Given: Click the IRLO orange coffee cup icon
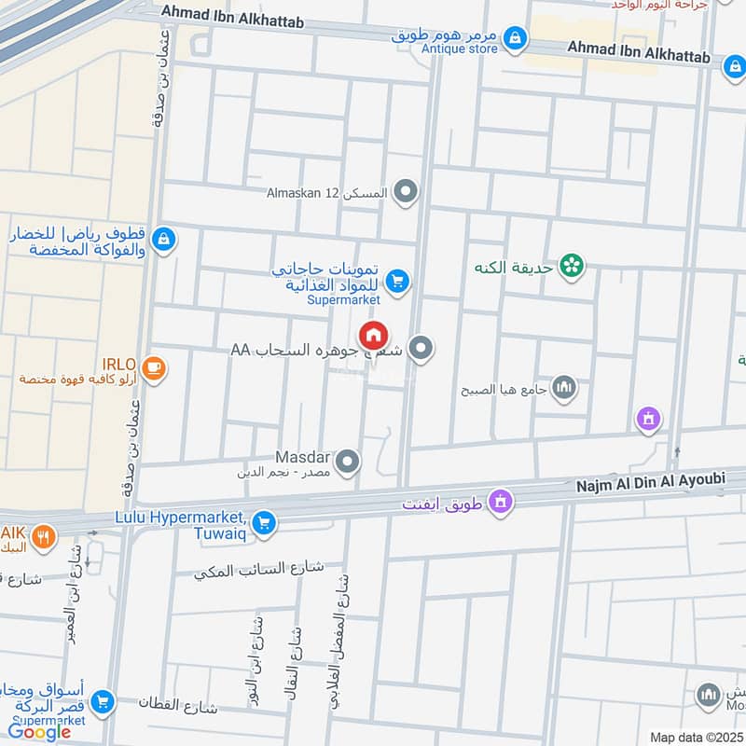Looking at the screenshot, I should pyautogui.click(x=155, y=369).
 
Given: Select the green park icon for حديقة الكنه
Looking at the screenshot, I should pyautogui.click(x=572, y=267).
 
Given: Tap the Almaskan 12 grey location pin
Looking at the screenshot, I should pyautogui.click(x=406, y=193).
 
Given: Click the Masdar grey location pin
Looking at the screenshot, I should pyautogui.click(x=348, y=462).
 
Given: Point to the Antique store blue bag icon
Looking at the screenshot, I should pyautogui.click(x=514, y=38).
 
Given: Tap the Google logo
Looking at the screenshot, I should pyautogui.click(x=40, y=732).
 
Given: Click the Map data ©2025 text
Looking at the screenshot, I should pyautogui.click(x=697, y=737).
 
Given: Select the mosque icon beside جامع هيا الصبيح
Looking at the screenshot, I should pyautogui.click(x=564, y=387).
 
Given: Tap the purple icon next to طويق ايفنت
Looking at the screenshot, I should pyautogui.click(x=502, y=502).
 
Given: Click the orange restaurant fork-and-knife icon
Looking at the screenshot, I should pyautogui.click(x=43, y=537).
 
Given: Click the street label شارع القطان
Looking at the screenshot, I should pyautogui.click(x=177, y=704).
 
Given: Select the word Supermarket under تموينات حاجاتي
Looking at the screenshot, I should pyautogui.click(x=344, y=300).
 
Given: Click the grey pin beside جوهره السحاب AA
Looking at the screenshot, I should pyautogui.click(x=421, y=349).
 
